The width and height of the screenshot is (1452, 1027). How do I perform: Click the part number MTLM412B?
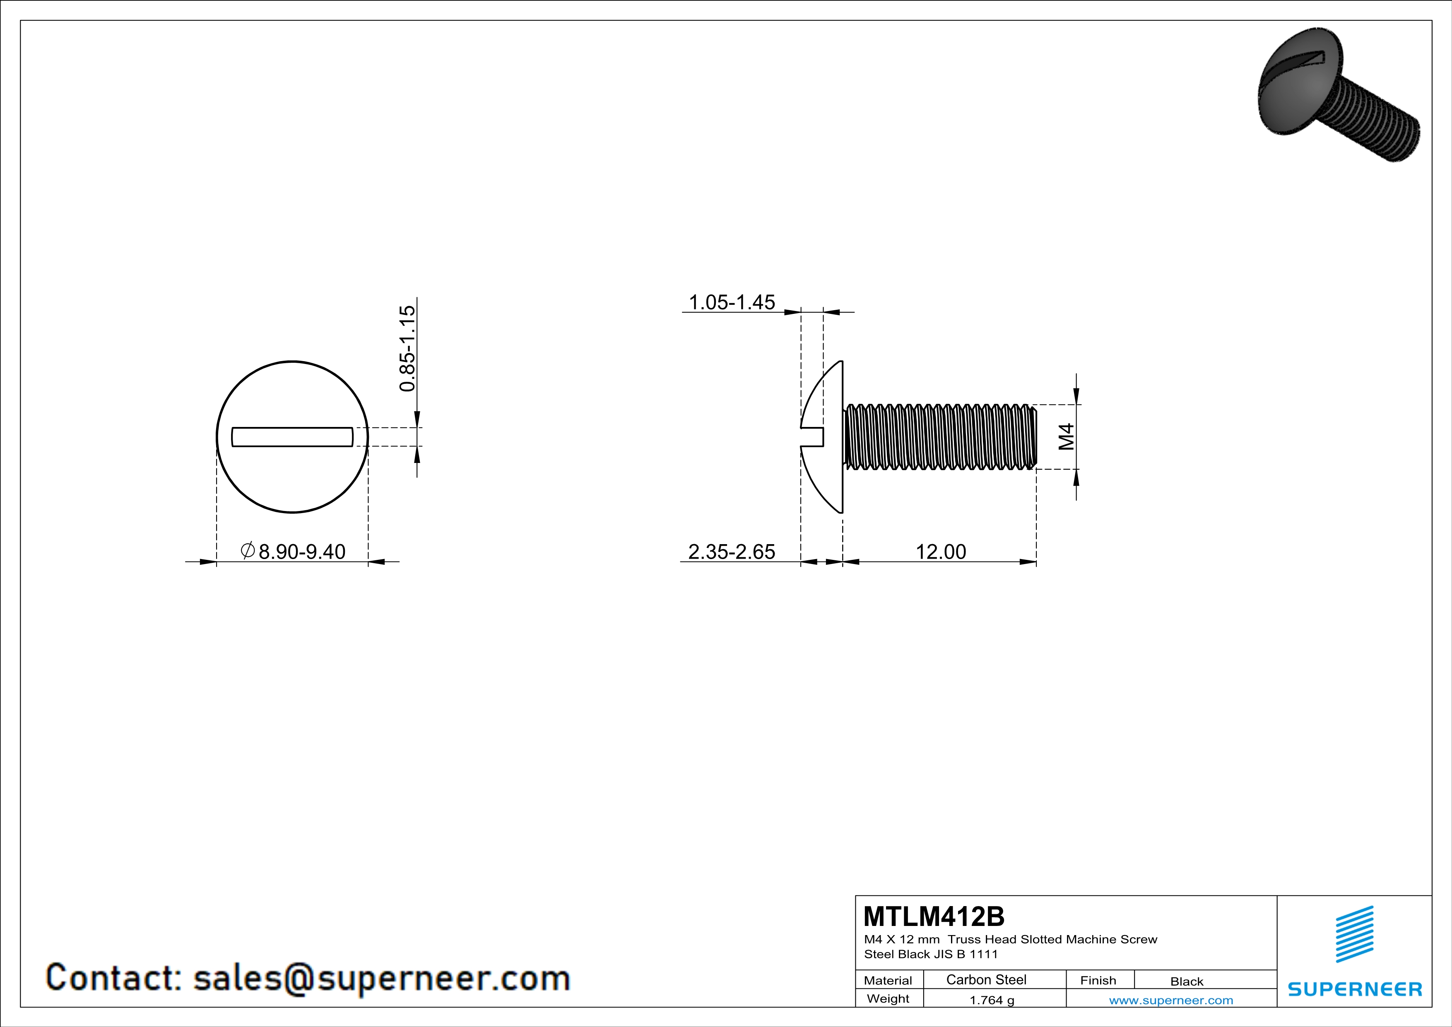[x=933, y=916]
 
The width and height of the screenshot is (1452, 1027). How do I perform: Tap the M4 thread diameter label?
[x=1067, y=436]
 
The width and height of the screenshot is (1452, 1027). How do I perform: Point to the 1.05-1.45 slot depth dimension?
[x=731, y=302]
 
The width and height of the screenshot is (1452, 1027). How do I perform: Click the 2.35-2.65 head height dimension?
[x=731, y=552]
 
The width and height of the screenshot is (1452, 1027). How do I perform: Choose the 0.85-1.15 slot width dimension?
[x=408, y=348]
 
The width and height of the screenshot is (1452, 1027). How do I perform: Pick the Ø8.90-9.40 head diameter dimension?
[x=294, y=552]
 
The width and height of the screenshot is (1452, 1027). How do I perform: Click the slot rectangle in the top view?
[x=292, y=437]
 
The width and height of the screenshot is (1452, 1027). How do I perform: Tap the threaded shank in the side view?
[x=940, y=437]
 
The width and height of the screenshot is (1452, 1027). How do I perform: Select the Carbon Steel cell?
[x=986, y=979]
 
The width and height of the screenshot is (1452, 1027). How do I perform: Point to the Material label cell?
[x=888, y=980]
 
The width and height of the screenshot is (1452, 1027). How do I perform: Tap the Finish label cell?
[x=1098, y=980]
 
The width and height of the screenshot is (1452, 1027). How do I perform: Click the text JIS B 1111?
[x=965, y=954]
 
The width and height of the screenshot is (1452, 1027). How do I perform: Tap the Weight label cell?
[x=888, y=998]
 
